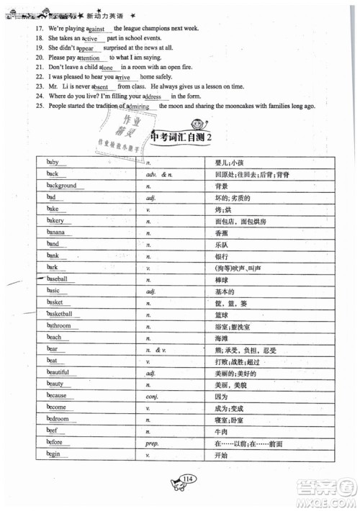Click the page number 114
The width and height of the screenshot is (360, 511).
189,479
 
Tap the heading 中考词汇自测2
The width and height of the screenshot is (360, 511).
186,137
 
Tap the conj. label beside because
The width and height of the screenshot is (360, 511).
151,396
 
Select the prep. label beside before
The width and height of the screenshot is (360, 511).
152,443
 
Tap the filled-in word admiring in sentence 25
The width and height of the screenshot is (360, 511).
137,106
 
